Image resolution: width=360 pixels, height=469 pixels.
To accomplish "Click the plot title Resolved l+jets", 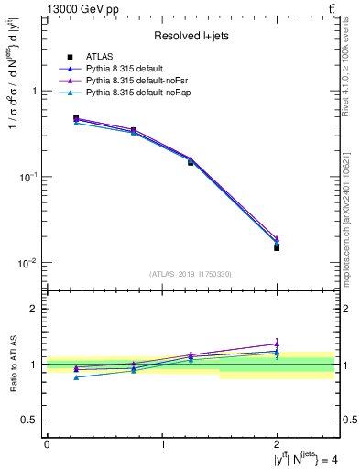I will point(191,36).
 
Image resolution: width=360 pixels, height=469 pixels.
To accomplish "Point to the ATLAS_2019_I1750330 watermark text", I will point(191,274).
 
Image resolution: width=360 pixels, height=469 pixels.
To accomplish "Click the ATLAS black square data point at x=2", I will point(277,247).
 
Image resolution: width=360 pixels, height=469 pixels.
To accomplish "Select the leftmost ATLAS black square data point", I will point(76,117).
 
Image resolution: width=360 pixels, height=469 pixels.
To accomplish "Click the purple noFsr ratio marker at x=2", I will point(277,344).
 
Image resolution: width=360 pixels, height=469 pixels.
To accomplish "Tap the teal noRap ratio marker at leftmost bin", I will point(76,377).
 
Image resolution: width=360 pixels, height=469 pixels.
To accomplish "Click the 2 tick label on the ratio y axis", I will point(37,309).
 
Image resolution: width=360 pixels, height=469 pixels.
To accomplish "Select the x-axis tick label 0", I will point(47,443).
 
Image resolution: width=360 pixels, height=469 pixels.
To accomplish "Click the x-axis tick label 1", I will point(162,443).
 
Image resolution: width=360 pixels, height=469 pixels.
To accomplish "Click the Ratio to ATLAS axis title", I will point(13,365).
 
